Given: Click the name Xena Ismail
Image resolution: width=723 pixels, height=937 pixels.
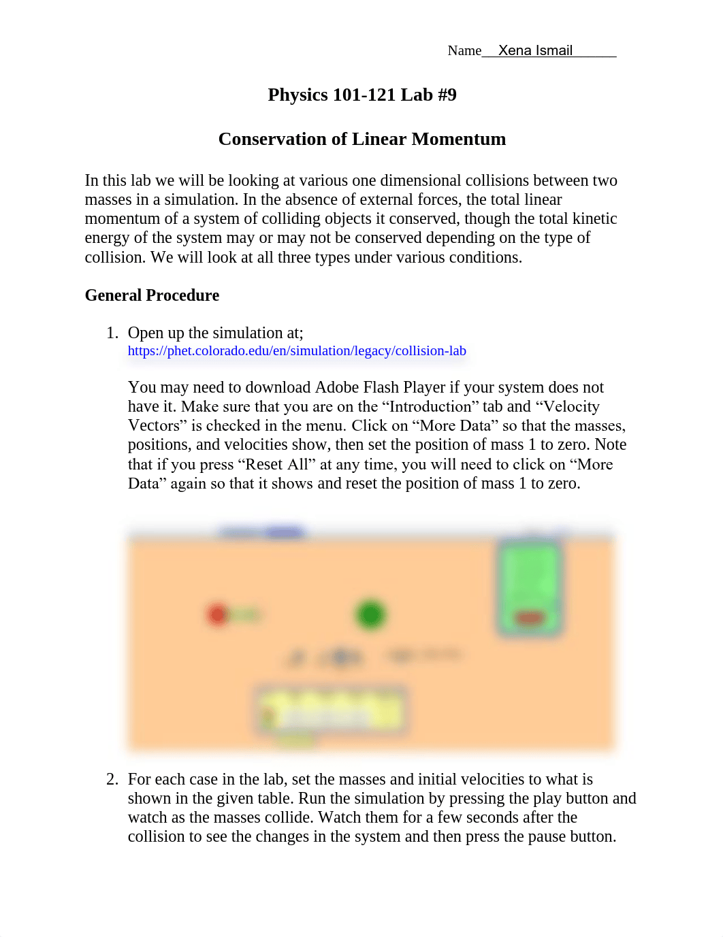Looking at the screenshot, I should click(x=535, y=50).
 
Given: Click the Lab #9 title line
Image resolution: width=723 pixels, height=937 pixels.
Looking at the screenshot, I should click(x=361, y=95).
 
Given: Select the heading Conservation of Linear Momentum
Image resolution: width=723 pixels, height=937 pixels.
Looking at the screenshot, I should click(x=361, y=139).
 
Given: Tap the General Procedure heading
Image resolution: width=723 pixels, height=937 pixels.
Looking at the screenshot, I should click(x=152, y=295).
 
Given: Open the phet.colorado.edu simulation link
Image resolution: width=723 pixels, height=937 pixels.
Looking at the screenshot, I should click(x=297, y=351).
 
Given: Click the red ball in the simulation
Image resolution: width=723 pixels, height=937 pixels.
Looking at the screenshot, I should click(x=218, y=614).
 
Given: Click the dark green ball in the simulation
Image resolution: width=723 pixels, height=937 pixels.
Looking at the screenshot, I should click(x=370, y=614).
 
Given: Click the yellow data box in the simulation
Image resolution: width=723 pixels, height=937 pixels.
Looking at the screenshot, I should click(x=332, y=710).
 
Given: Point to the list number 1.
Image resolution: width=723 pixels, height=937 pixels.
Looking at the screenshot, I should click(x=112, y=333).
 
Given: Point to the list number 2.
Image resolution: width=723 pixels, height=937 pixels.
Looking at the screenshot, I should click(x=112, y=779).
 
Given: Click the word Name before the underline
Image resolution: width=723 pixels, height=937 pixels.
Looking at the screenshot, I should click(x=464, y=51).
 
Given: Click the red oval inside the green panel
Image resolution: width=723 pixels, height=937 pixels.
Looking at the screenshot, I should click(x=530, y=619).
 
